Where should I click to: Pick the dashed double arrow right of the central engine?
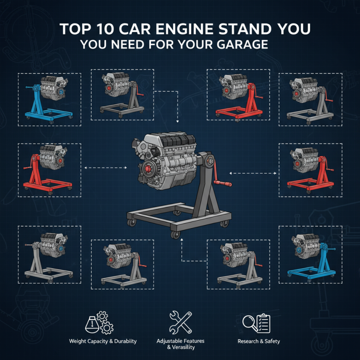coord(252,173)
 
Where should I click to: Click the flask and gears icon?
coord(99,323)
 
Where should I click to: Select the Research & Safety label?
coord(258,341)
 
